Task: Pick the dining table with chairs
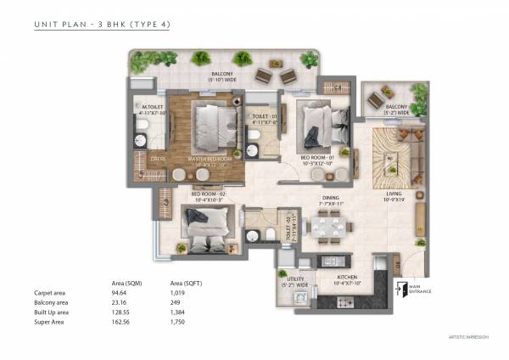pos(326,227)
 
